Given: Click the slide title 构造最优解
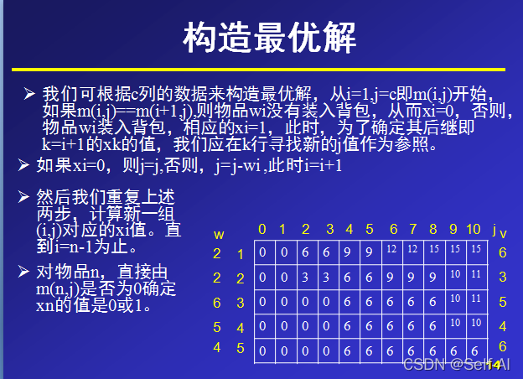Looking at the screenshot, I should pos(269,37).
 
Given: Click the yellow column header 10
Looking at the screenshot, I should pos(474,230).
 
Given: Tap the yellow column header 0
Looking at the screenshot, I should pos(262,230).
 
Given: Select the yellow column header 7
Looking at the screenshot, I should pos(412,230).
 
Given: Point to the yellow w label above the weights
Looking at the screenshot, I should pos(219,234).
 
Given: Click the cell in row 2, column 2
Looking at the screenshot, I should pos(306,276).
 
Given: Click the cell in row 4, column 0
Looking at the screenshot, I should pos(262,326).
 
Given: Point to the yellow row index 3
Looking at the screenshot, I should pos(240,302).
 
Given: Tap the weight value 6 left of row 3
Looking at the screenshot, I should pos(217,301).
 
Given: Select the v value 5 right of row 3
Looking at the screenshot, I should pos(502,301).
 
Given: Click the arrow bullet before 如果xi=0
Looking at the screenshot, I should pos(24,165).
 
